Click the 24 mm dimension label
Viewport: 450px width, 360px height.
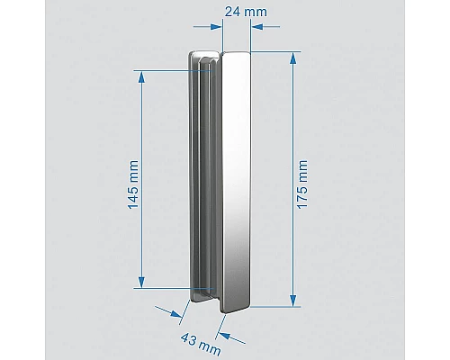[x=237, y=13]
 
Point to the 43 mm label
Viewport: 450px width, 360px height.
[x=203, y=342]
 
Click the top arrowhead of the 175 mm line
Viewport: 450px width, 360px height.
[x=292, y=57]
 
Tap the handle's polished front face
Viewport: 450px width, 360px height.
[x=237, y=180]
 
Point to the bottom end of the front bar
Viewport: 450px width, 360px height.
[x=236, y=304]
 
